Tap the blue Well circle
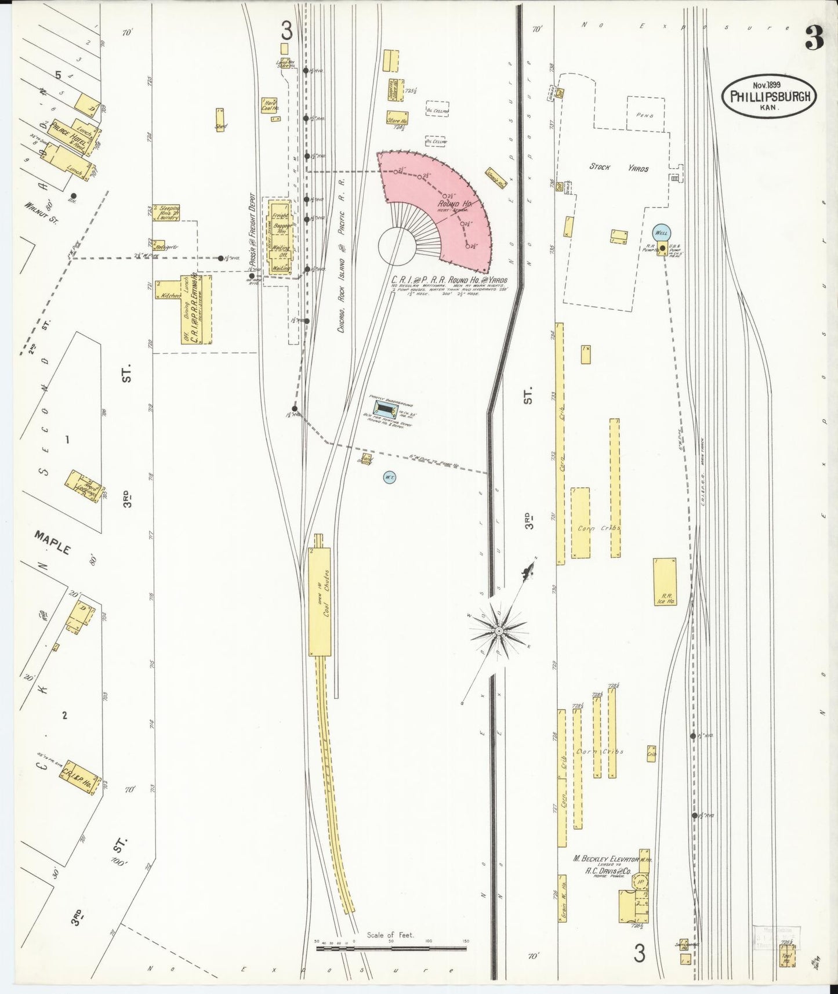coord(661,233)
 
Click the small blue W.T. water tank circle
coord(389,477)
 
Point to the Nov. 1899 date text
coord(766,85)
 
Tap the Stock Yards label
coord(619,168)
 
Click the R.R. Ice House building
coord(665,582)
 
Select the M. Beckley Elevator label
coord(606,859)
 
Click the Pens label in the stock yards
coord(644,115)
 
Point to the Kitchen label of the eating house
coord(171,295)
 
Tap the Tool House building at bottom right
coord(787,956)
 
